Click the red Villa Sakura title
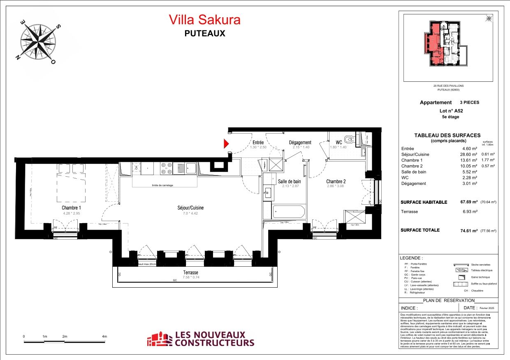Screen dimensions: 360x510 [x=204, y=20]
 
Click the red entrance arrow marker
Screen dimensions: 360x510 [x=226, y=143]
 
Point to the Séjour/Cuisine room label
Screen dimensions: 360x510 [x=188, y=208]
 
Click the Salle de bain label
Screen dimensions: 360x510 [x=289, y=181]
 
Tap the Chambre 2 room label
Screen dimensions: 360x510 [x=336, y=181]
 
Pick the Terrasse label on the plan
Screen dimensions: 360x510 [x=190, y=272]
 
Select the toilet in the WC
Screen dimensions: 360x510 [x=348, y=138]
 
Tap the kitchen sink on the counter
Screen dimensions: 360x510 [x=191, y=168]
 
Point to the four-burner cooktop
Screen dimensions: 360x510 [x=167, y=168]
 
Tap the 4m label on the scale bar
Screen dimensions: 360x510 [x=104, y=336]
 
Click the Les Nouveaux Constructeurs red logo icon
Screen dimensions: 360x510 [x=160, y=339]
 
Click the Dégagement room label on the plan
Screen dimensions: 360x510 [x=300, y=143]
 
